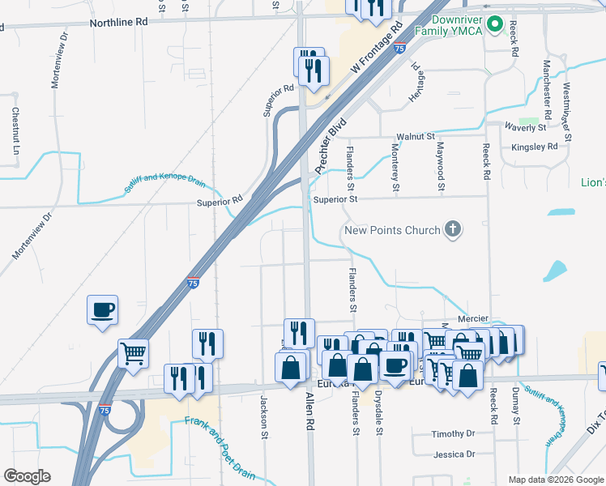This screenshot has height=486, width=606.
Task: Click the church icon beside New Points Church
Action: pyautogui.click(x=454, y=230)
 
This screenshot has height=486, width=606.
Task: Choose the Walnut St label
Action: pyautogui.click(x=416, y=137)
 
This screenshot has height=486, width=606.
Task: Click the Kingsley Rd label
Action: pyautogui.click(x=535, y=147)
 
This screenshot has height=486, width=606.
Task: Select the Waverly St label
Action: pyautogui.click(x=525, y=128)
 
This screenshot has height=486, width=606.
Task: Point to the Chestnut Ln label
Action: pyautogui.click(x=15, y=130)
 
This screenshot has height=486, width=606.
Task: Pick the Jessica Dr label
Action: pyautogui.click(x=453, y=455)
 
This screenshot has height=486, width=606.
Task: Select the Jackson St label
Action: pyautogui.click(x=264, y=417)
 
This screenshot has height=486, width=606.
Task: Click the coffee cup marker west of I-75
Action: pyautogui.click(x=103, y=309)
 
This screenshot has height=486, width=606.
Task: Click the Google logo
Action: pyautogui.click(x=27, y=475)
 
